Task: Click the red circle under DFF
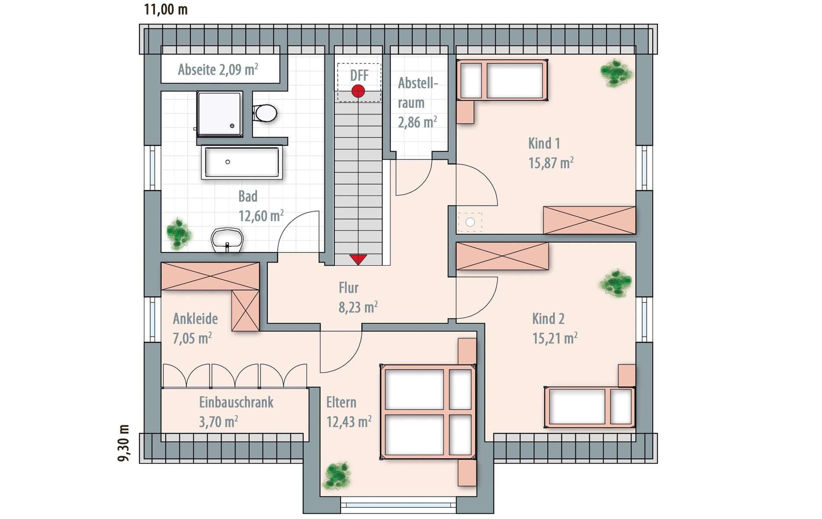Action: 358,91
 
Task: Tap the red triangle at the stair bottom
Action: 358,259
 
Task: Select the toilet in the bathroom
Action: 265,113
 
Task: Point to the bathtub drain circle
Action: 228,162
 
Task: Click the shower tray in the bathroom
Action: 219,114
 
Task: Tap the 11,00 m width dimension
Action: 166,9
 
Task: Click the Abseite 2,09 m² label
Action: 218,69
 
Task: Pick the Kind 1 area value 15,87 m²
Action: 551,163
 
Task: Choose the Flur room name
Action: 349,288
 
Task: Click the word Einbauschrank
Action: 236,402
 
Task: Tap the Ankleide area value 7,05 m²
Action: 193,338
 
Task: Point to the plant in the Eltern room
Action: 337,476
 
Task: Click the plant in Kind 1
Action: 616,73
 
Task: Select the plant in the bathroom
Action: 179,234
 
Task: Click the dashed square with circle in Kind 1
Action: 470,222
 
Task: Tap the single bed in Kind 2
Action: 590,407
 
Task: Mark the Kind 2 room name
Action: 548,319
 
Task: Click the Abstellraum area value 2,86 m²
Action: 417,122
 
